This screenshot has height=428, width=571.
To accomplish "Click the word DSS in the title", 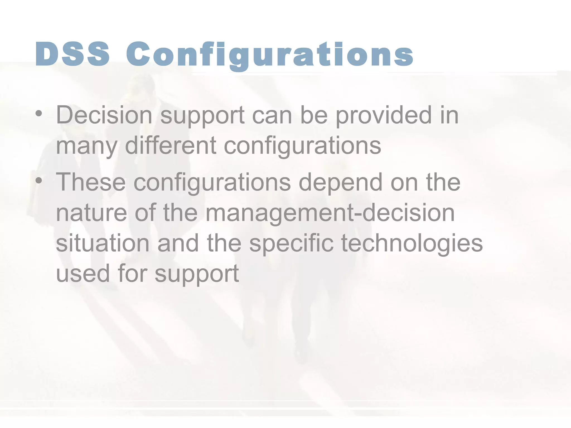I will pyautogui.click(x=72, y=54).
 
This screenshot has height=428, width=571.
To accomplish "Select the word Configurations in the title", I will pyautogui.click(x=270, y=55).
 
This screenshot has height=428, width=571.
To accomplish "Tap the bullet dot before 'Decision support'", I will pyautogui.click(x=39, y=114).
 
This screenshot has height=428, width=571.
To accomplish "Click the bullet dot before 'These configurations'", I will pyautogui.click(x=39, y=181).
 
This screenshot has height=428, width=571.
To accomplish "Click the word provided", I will pyautogui.click(x=384, y=116).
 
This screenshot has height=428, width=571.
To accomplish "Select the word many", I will pyautogui.click(x=87, y=146).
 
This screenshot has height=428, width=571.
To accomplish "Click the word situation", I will pyautogui.click(x=103, y=243).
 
